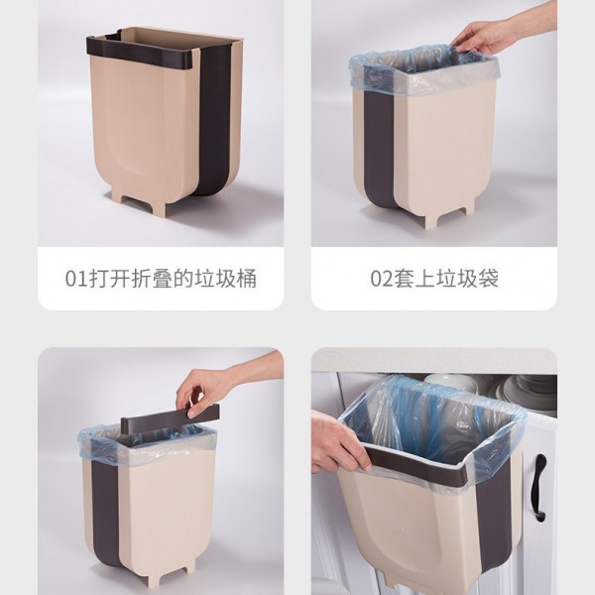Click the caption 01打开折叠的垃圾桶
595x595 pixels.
tap(161, 279)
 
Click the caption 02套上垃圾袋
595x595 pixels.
tap(434, 279)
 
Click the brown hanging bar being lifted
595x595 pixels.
tap(170, 415)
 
